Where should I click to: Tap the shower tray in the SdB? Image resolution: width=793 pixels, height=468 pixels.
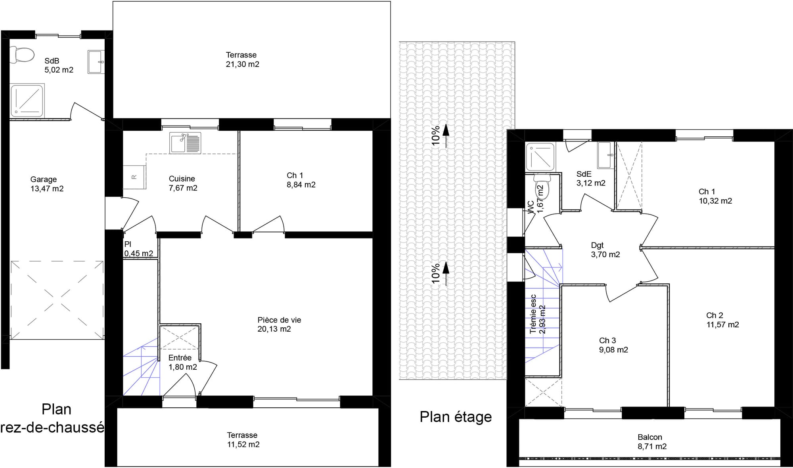coord(27,100)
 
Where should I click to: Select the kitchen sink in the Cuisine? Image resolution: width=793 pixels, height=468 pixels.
coord(185,143)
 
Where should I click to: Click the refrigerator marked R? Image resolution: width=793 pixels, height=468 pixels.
coord(134,177)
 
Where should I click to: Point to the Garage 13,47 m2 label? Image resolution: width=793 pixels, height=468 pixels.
coord(47,184)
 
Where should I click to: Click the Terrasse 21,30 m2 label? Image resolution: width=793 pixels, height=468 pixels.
coord(242,59)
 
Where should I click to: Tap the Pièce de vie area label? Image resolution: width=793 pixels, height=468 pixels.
coord(279,324)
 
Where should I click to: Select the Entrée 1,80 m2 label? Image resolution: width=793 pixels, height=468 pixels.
coord(182,362)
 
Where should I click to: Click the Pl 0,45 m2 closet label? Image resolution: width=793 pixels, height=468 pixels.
coord(138,249)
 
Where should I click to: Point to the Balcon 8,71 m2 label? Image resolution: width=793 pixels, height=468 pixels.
coord(652,441)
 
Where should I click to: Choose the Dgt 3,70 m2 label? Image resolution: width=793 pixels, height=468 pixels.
coord(605,250)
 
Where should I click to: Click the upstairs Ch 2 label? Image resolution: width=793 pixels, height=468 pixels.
coord(722,320)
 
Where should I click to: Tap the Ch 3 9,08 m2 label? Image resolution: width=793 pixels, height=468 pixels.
coord(613,345)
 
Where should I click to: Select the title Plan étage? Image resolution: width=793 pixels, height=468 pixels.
coord(456,417)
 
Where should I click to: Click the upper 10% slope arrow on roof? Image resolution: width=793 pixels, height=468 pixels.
coord(446,136)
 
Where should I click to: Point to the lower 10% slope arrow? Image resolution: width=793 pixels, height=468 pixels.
coord(446,274)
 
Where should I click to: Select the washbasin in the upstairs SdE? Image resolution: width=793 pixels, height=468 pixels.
coord(605,155)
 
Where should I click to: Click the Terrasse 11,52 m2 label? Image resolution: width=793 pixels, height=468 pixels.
coord(243,440)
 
